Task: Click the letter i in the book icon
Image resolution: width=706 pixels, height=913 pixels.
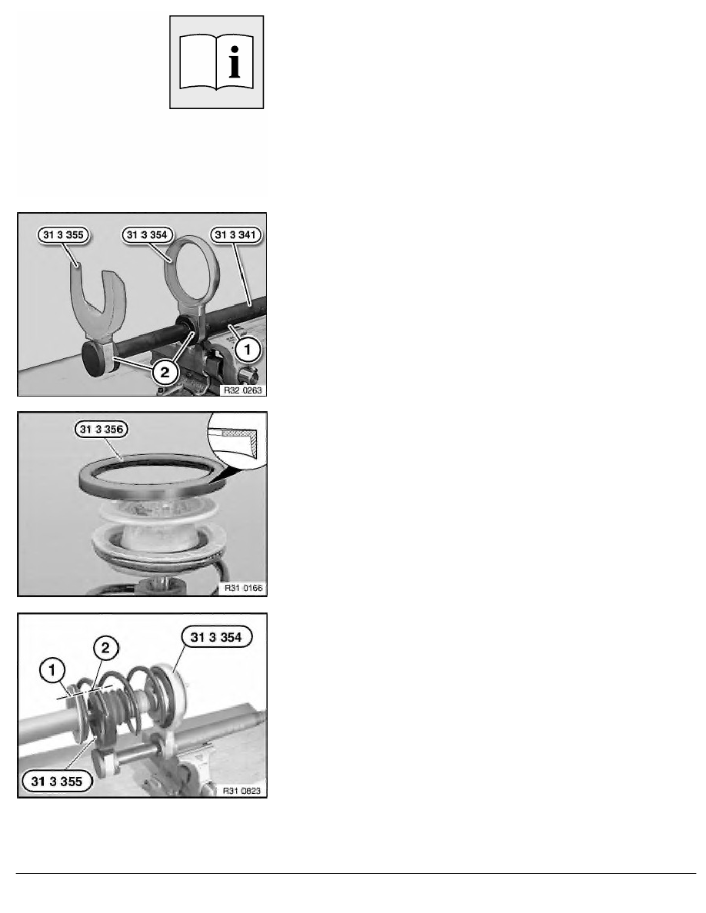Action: click(x=235, y=63)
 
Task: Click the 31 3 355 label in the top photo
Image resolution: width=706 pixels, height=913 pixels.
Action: click(x=64, y=235)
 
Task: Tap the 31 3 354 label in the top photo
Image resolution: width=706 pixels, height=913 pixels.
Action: click(x=147, y=235)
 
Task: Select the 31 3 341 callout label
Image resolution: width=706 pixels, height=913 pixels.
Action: click(x=235, y=235)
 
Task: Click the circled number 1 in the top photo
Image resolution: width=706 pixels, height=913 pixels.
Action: click(x=248, y=350)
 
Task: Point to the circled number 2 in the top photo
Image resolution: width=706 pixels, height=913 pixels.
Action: click(x=165, y=373)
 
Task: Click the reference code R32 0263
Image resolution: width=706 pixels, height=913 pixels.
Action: click(x=243, y=390)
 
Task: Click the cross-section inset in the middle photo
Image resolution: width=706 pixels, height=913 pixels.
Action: click(x=237, y=440)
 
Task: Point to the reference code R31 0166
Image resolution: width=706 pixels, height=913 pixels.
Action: click(x=244, y=588)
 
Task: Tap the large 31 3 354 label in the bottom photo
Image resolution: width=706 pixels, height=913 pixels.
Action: click(x=216, y=637)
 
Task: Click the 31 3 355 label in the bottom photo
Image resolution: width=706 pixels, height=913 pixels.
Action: click(x=57, y=782)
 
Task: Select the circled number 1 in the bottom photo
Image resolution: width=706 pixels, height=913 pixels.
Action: click(x=52, y=671)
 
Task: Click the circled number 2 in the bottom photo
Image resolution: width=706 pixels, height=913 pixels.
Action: click(x=105, y=648)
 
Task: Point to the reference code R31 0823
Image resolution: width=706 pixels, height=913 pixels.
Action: click(x=241, y=791)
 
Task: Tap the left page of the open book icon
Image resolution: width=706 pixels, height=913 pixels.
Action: click(x=198, y=63)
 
